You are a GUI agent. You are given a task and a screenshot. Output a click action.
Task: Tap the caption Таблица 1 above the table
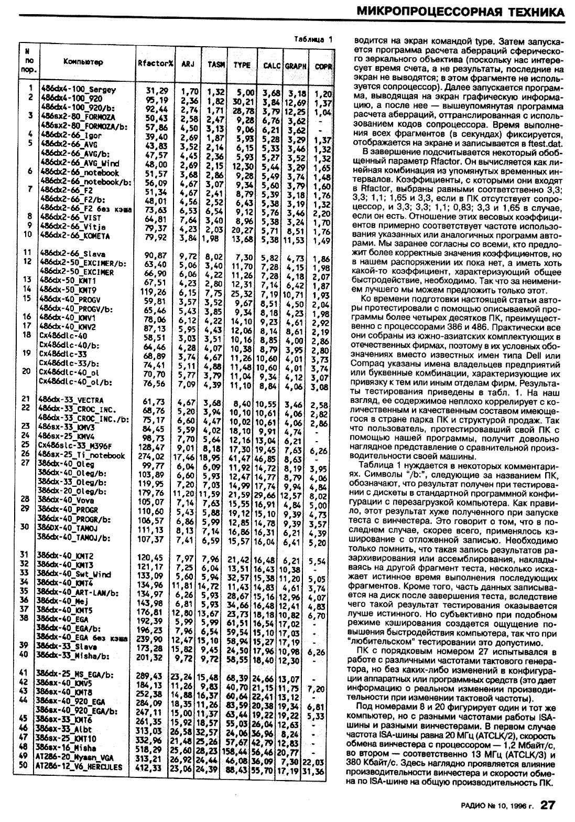pos(313,38)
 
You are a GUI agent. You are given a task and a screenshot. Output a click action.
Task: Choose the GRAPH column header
pos(296,66)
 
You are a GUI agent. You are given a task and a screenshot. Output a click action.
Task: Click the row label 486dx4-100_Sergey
pos(78,90)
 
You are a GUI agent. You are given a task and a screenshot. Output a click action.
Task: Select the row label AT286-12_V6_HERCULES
pos(79,767)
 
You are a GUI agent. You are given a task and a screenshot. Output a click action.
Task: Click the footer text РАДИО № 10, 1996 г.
pos(496,806)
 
